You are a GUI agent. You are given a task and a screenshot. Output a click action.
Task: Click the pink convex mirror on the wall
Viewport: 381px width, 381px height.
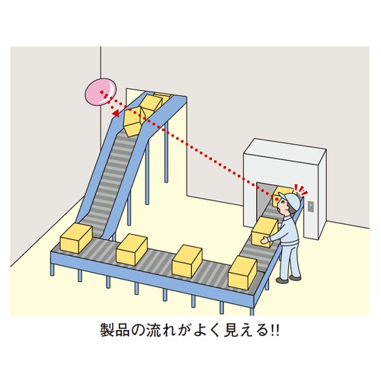pos(100,91)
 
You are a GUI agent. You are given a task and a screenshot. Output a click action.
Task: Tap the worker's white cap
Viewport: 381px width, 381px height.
pos(290,200)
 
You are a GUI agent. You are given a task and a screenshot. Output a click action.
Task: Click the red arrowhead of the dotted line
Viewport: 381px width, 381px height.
pos(116,114)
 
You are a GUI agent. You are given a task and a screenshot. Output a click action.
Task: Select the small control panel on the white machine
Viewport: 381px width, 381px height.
pos(311,206)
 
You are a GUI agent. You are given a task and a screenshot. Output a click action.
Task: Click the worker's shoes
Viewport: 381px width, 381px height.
pos(288,279)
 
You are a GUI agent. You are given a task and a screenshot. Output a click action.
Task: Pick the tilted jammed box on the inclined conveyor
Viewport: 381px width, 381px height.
pos(133,121)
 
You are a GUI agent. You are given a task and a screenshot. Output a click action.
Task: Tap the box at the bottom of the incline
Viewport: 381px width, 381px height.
pos(76,239)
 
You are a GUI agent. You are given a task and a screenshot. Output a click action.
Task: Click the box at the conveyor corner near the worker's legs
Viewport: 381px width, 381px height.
pos(242,273)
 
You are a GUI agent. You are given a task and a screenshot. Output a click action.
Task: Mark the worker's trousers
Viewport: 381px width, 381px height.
pos(290,259)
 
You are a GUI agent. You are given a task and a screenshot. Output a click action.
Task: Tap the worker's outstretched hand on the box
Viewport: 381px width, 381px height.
pos(265,239)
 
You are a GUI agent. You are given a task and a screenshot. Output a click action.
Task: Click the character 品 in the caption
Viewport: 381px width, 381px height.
pos(123,330)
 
